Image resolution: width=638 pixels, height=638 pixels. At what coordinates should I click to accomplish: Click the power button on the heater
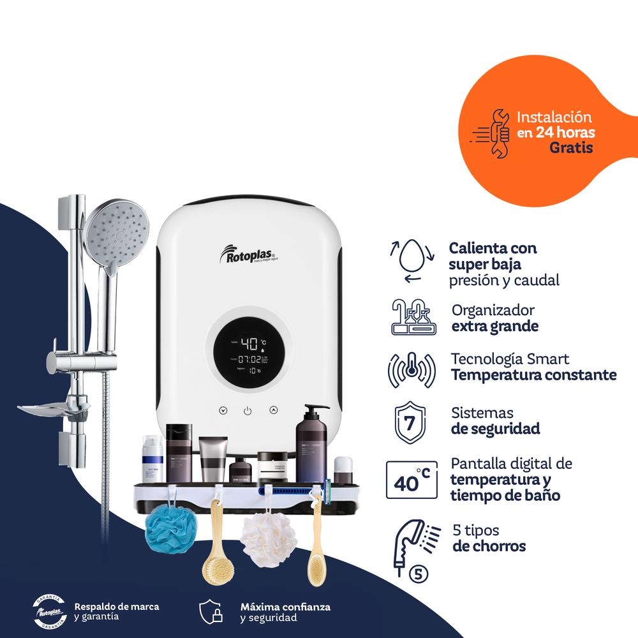coord(248,411)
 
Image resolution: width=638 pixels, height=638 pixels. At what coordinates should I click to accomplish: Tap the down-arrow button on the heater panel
coord(223,411)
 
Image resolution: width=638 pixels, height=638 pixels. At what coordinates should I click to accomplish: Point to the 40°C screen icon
coord(412,478)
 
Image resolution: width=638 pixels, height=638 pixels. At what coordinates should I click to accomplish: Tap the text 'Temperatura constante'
coord(534,375)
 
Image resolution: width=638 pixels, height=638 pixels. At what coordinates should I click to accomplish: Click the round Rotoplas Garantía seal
coord(50,612)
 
